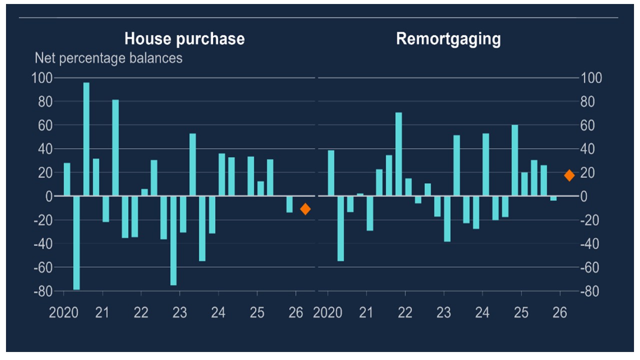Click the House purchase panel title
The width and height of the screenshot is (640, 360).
coord(184,39)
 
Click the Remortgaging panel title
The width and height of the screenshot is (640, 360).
coord(448,39)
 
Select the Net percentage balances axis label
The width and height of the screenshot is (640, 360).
coord(108,58)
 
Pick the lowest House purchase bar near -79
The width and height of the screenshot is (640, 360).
coord(76,243)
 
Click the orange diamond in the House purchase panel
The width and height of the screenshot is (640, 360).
coord(305,209)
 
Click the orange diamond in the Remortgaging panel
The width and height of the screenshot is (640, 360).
coord(569,175)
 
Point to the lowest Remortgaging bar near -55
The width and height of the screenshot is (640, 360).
coord(340,228)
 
